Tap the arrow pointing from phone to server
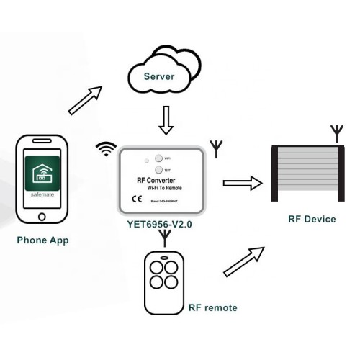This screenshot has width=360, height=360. tap(85, 99)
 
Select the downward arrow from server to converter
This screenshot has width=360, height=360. tap(166, 121)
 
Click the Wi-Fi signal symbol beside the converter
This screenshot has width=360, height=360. tap(107, 149)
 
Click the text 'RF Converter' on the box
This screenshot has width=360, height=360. tap(160, 180)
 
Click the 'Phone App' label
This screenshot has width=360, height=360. tap(42, 240)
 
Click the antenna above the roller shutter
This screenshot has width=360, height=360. tap(336, 134)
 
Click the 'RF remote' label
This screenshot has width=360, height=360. tap(212, 307)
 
